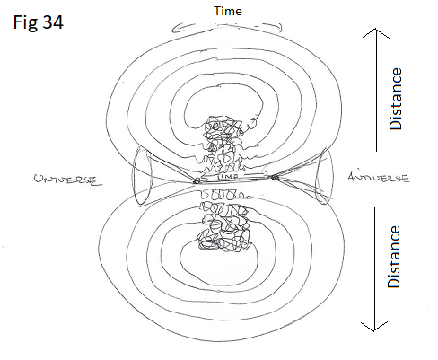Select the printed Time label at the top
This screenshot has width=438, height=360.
228,11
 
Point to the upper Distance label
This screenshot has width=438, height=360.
395,99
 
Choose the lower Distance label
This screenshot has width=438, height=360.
394,257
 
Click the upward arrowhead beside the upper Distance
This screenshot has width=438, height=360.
376,32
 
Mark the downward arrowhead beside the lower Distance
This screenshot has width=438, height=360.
374,327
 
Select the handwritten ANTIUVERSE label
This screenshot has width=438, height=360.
379,178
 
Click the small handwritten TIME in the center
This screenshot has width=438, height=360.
228,176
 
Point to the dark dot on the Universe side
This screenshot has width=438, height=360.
197,181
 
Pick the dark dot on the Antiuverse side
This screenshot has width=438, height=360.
275,178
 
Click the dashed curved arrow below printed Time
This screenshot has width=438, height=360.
226,27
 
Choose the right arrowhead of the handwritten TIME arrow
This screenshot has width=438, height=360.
265,173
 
